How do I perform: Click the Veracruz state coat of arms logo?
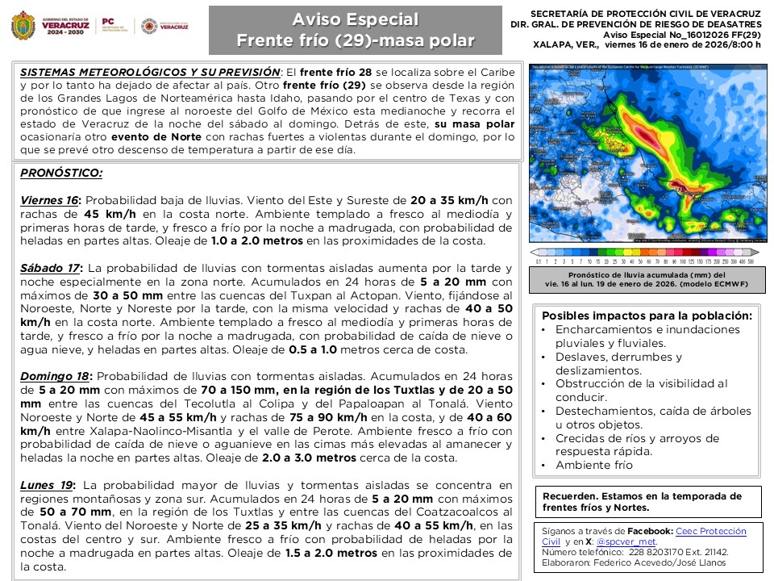click(x=23, y=26)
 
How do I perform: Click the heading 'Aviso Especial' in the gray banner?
click(x=355, y=19)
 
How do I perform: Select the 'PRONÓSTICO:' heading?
click(x=61, y=173)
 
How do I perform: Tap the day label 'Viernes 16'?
click(x=50, y=200)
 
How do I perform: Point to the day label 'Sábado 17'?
click(x=51, y=268)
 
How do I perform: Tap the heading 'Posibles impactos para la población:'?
click(x=647, y=316)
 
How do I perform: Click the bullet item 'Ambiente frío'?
click(x=594, y=465)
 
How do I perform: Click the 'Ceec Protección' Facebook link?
click(x=711, y=531)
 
